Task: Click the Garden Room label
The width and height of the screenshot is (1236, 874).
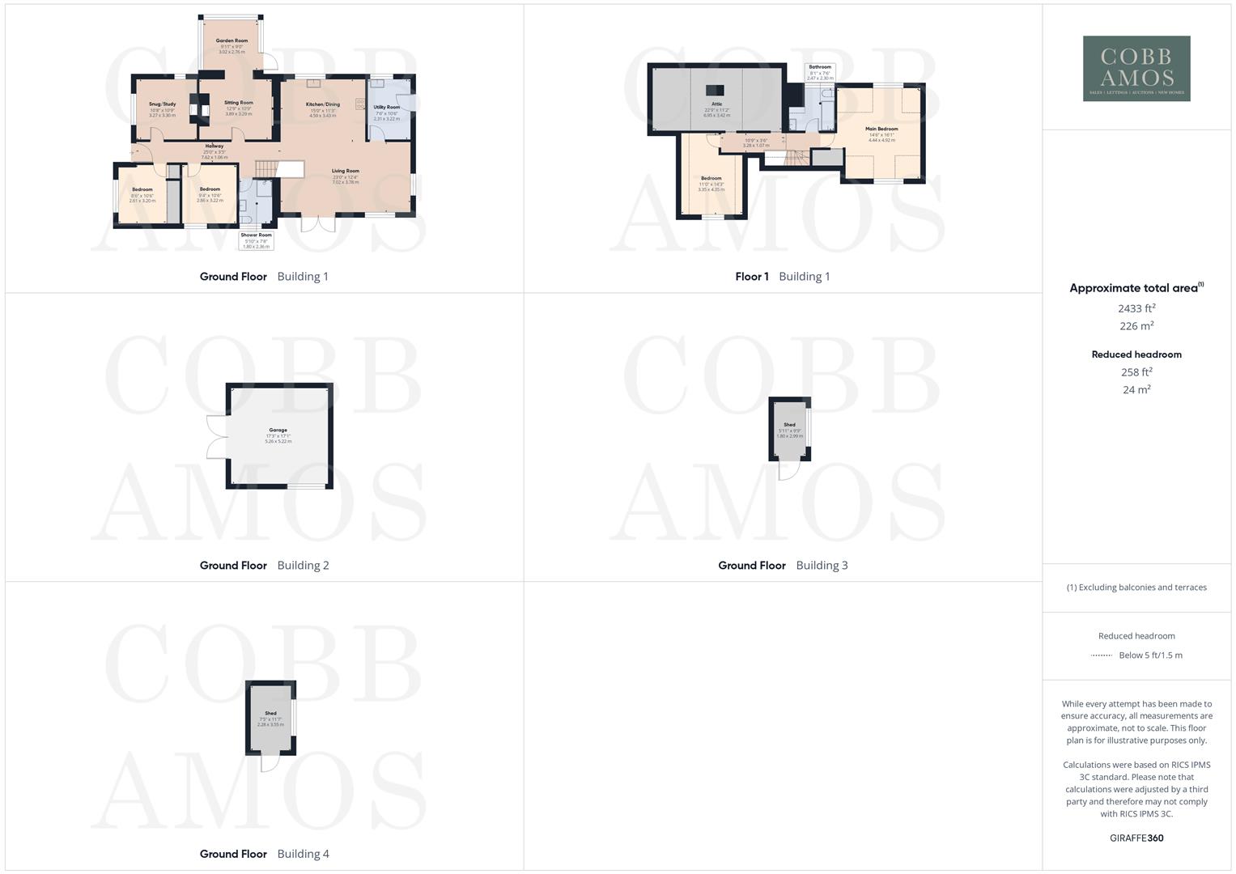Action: point(231,40)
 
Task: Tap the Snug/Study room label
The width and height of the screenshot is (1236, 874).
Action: point(162,104)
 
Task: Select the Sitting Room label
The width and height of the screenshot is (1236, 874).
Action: point(239,103)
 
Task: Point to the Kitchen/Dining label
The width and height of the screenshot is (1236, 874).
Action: point(322,104)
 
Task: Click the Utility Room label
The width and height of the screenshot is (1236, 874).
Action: point(387,108)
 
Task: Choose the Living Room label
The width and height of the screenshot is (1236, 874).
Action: point(345,171)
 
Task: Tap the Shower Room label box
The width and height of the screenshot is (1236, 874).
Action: point(256,240)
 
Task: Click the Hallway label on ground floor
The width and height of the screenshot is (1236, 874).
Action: point(214,146)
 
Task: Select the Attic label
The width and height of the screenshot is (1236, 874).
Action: point(716,104)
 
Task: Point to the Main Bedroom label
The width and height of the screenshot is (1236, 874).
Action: point(881,129)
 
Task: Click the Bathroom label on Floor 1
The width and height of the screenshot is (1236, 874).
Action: point(820,68)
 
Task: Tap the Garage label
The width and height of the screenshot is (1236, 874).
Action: point(278,431)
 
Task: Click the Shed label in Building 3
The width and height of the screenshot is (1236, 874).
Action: point(789,425)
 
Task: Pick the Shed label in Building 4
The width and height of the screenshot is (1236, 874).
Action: point(270,714)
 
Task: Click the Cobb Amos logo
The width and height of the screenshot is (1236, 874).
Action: point(1136,69)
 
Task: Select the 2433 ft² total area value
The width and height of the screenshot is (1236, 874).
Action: point(1136,308)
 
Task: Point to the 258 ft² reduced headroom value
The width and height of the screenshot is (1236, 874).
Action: point(1136,372)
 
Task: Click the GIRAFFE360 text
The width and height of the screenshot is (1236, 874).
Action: point(1136,838)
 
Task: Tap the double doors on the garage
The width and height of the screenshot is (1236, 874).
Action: point(217,438)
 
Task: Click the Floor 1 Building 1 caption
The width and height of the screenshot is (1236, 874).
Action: point(782,277)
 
